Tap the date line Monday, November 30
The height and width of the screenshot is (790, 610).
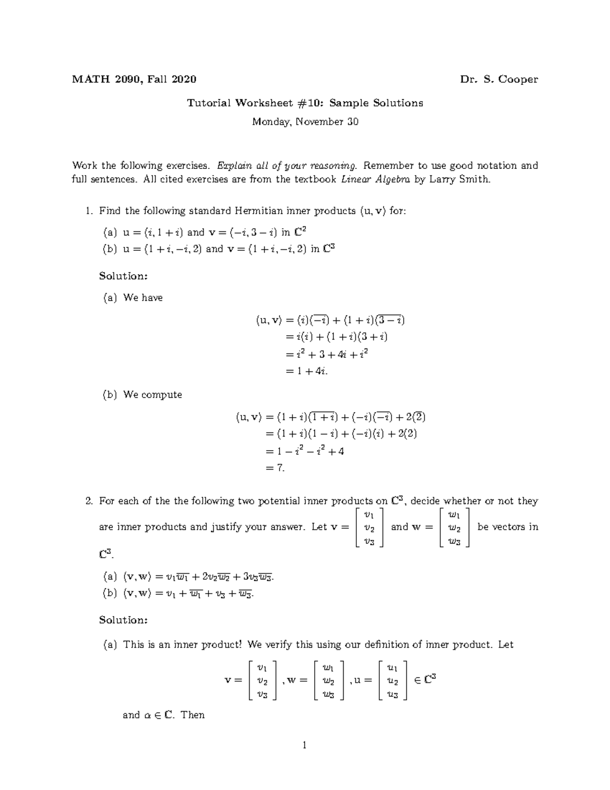(x=305, y=122)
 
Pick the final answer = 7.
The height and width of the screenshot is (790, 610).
(x=276, y=468)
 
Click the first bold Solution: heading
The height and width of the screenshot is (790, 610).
(x=124, y=276)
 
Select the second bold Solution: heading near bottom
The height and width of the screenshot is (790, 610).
(x=124, y=620)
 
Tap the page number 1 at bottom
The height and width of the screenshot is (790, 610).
(x=304, y=746)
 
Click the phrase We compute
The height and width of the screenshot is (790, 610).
(x=152, y=395)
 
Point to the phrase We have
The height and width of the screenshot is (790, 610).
(x=143, y=298)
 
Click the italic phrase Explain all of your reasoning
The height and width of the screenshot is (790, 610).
(x=287, y=165)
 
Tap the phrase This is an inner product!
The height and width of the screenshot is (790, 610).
(x=182, y=645)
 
